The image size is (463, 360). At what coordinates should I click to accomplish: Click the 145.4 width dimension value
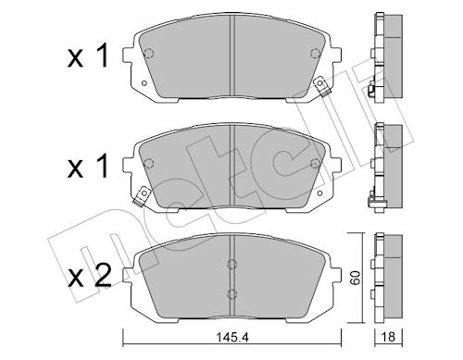[232, 338]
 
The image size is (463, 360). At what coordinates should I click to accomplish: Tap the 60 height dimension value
[356, 278]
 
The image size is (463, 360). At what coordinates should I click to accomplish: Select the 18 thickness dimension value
[389, 337]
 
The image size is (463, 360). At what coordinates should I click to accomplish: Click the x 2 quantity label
[90, 277]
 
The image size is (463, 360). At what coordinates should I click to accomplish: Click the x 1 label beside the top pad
[88, 56]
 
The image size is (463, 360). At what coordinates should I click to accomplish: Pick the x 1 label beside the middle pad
[88, 167]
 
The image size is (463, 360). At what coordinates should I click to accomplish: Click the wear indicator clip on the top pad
[321, 87]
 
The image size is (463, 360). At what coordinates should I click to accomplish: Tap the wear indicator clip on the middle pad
[141, 197]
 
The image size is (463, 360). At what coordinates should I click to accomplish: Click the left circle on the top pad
[149, 54]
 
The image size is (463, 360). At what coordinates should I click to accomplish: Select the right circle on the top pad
[315, 54]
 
